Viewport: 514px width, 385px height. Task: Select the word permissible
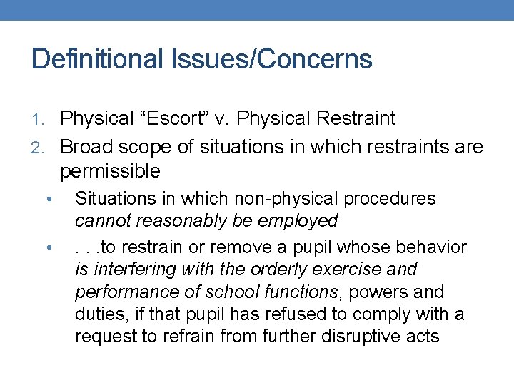click(110, 171)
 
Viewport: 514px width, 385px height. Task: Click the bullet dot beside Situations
click(47, 199)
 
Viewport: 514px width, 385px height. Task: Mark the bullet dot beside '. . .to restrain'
click(47, 247)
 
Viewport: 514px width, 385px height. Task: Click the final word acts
click(421, 337)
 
